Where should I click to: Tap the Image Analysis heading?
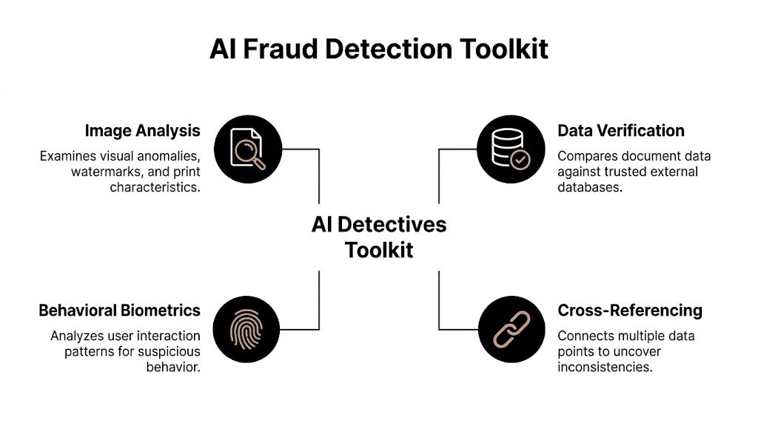click(142, 131)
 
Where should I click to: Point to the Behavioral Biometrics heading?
click(119, 310)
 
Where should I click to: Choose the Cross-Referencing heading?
click(630, 310)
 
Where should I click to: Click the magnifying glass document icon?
click(247, 149)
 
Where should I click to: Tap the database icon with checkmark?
click(512, 149)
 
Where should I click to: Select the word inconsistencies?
click(605, 367)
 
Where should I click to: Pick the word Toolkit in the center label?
click(379, 249)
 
